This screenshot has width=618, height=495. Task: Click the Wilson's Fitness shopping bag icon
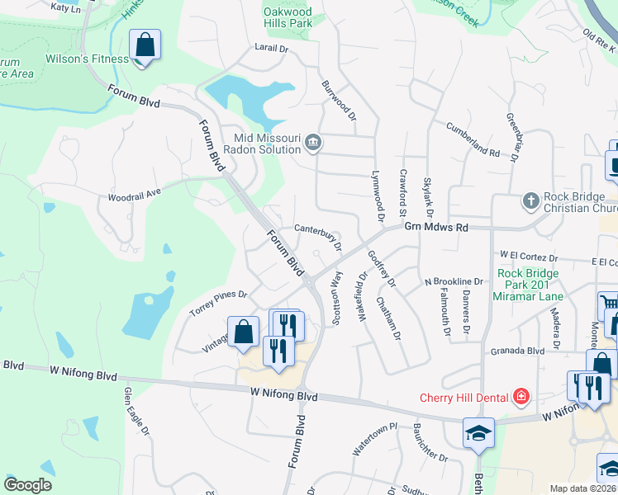[145, 46]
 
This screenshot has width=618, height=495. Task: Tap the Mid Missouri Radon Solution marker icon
[313, 143]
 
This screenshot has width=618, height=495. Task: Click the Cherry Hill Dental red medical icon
[521, 398]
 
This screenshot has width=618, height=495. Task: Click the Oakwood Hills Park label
[288, 17]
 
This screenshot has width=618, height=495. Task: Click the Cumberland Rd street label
[473, 140]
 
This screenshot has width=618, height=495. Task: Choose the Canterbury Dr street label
[318, 237]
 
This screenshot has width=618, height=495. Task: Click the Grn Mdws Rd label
[435, 227]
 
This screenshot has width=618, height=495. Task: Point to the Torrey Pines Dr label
[218, 303]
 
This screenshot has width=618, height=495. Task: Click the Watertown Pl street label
[375, 441]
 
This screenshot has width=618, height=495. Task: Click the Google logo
[28, 484]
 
